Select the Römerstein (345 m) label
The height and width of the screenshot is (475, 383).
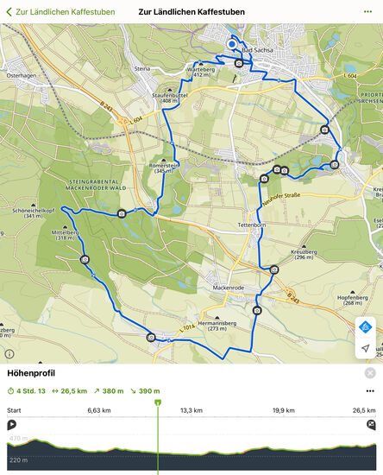[x=164, y=168]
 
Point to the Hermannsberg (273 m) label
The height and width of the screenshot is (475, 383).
[x=211, y=326]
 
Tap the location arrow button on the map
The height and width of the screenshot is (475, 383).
[x=366, y=348]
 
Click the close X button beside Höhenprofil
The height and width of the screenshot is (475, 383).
[x=370, y=373]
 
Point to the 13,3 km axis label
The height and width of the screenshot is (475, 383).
[x=191, y=410]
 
